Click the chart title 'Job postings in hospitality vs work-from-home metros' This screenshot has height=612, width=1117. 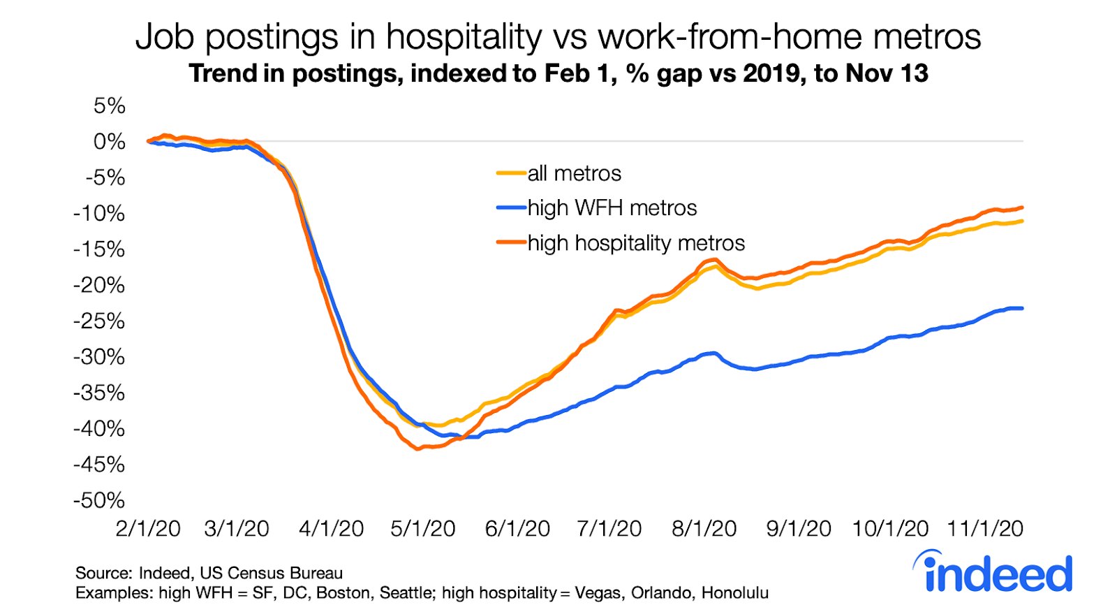tap(558, 37)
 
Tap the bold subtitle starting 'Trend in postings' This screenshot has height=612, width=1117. tap(558, 73)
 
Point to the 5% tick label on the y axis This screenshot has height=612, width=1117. tap(110, 106)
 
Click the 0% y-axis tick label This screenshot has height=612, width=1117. tap(110, 142)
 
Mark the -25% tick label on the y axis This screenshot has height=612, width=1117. tap(99, 321)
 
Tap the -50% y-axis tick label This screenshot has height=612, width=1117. tap(99, 500)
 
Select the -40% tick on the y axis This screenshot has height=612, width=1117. tap(99, 428)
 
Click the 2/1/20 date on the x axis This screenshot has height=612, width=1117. tap(148, 529)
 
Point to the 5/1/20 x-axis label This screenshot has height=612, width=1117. tap(423, 529)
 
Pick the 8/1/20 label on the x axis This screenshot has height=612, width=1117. tap(704, 529)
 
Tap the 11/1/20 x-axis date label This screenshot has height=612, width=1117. tap(985, 529)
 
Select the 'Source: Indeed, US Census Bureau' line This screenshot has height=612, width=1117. tap(209, 574)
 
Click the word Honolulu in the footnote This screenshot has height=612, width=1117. tap(734, 593)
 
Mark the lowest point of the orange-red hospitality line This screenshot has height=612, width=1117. tap(417, 449)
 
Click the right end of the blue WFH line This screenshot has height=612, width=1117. tap(1022, 308)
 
